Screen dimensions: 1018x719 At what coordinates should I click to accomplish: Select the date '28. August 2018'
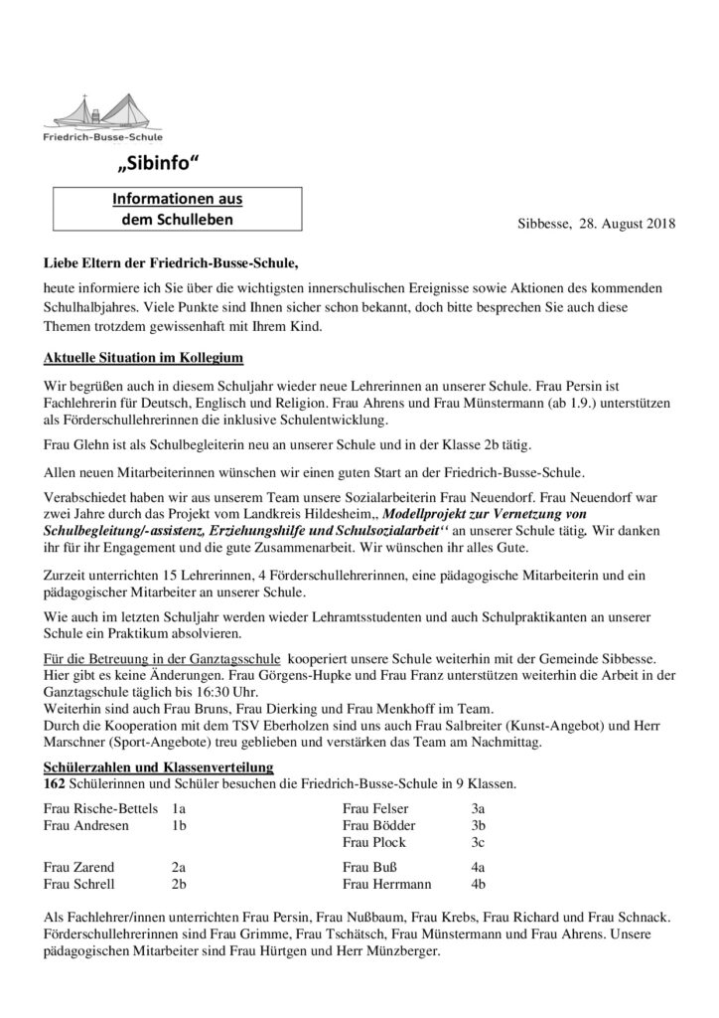pos(627,226)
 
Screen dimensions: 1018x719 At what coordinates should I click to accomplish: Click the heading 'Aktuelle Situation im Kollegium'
pos(142,357)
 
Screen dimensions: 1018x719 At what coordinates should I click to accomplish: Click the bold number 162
pos(56,784)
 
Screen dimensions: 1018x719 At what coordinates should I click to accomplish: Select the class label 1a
pos(179,808)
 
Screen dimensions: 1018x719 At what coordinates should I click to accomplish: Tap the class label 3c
pos(478,842)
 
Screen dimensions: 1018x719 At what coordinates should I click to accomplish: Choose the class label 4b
pos(479,883)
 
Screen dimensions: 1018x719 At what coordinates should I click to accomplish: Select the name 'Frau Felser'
pos(375,808)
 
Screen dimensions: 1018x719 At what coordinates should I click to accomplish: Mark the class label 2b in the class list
pos(180,883)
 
